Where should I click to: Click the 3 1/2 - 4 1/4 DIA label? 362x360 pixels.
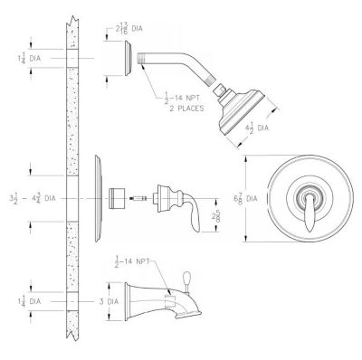[x=28, y=195]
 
